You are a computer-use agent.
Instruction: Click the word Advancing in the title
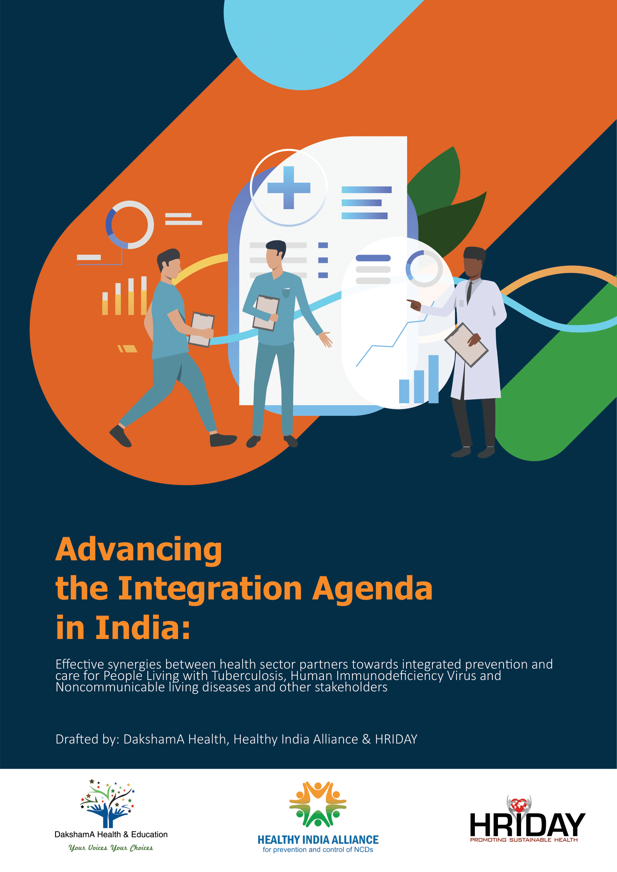[139, 550]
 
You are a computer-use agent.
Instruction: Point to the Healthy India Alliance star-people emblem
[317, 804]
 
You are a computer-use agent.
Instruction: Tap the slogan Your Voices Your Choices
[110, 848]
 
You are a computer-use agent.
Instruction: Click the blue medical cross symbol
[289, 188]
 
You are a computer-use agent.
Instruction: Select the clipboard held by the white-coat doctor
[467, 345]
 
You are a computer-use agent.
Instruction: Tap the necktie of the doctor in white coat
[470, 292]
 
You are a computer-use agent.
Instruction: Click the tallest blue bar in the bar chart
[433, 379]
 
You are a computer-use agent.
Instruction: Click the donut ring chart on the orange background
[129, 225]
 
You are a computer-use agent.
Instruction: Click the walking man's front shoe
[223, 440]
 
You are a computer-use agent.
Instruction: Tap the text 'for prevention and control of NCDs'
[318, 850]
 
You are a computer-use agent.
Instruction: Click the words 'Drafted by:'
[88, 739]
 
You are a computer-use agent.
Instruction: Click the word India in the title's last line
[142, 628]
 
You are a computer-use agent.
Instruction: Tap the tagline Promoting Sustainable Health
[524, 840]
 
